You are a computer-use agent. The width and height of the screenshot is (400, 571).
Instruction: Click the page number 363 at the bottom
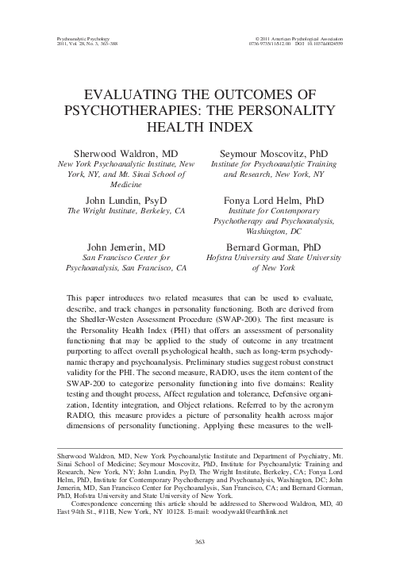click(200, 542)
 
